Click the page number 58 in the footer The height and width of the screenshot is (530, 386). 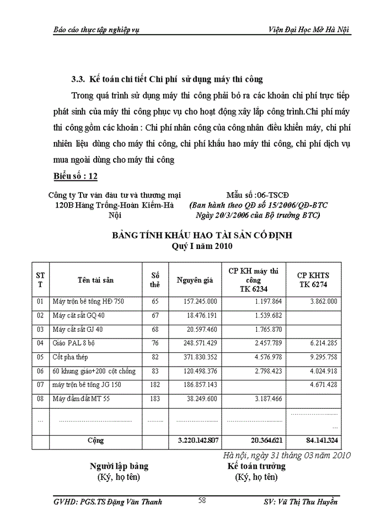point(202,500)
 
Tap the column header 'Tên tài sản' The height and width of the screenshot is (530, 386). point(95,280)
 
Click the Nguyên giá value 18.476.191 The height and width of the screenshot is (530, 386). point(200,315)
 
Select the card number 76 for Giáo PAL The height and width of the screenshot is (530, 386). point(155,343)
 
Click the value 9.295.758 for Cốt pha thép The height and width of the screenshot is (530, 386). point(321,357)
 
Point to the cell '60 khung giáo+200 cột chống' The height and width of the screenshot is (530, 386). point(94,370)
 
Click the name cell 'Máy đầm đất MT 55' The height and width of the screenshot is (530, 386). point(81,398)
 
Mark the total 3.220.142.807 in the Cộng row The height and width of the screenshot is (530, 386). point(198,441)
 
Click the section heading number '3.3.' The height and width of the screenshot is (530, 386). point(79,79)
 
